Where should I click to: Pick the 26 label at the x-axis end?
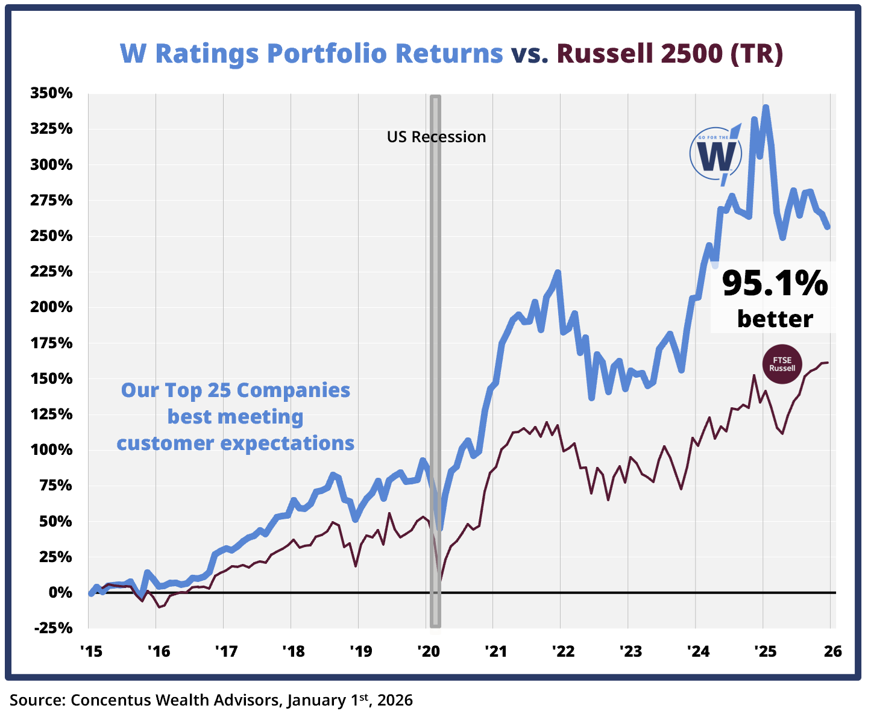[832, 651]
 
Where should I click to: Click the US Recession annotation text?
[436, 137]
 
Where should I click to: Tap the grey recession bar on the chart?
[435, 361]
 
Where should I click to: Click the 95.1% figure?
[775, 283]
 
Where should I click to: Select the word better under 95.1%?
[775, 318]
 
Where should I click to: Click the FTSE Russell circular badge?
[782, 365]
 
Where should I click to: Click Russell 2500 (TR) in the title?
[670, 53]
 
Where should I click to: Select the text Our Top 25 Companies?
[236, 390]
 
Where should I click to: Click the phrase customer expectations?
[236, 443]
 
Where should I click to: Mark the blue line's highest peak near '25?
[766, 108]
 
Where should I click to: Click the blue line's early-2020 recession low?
[441, 529]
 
